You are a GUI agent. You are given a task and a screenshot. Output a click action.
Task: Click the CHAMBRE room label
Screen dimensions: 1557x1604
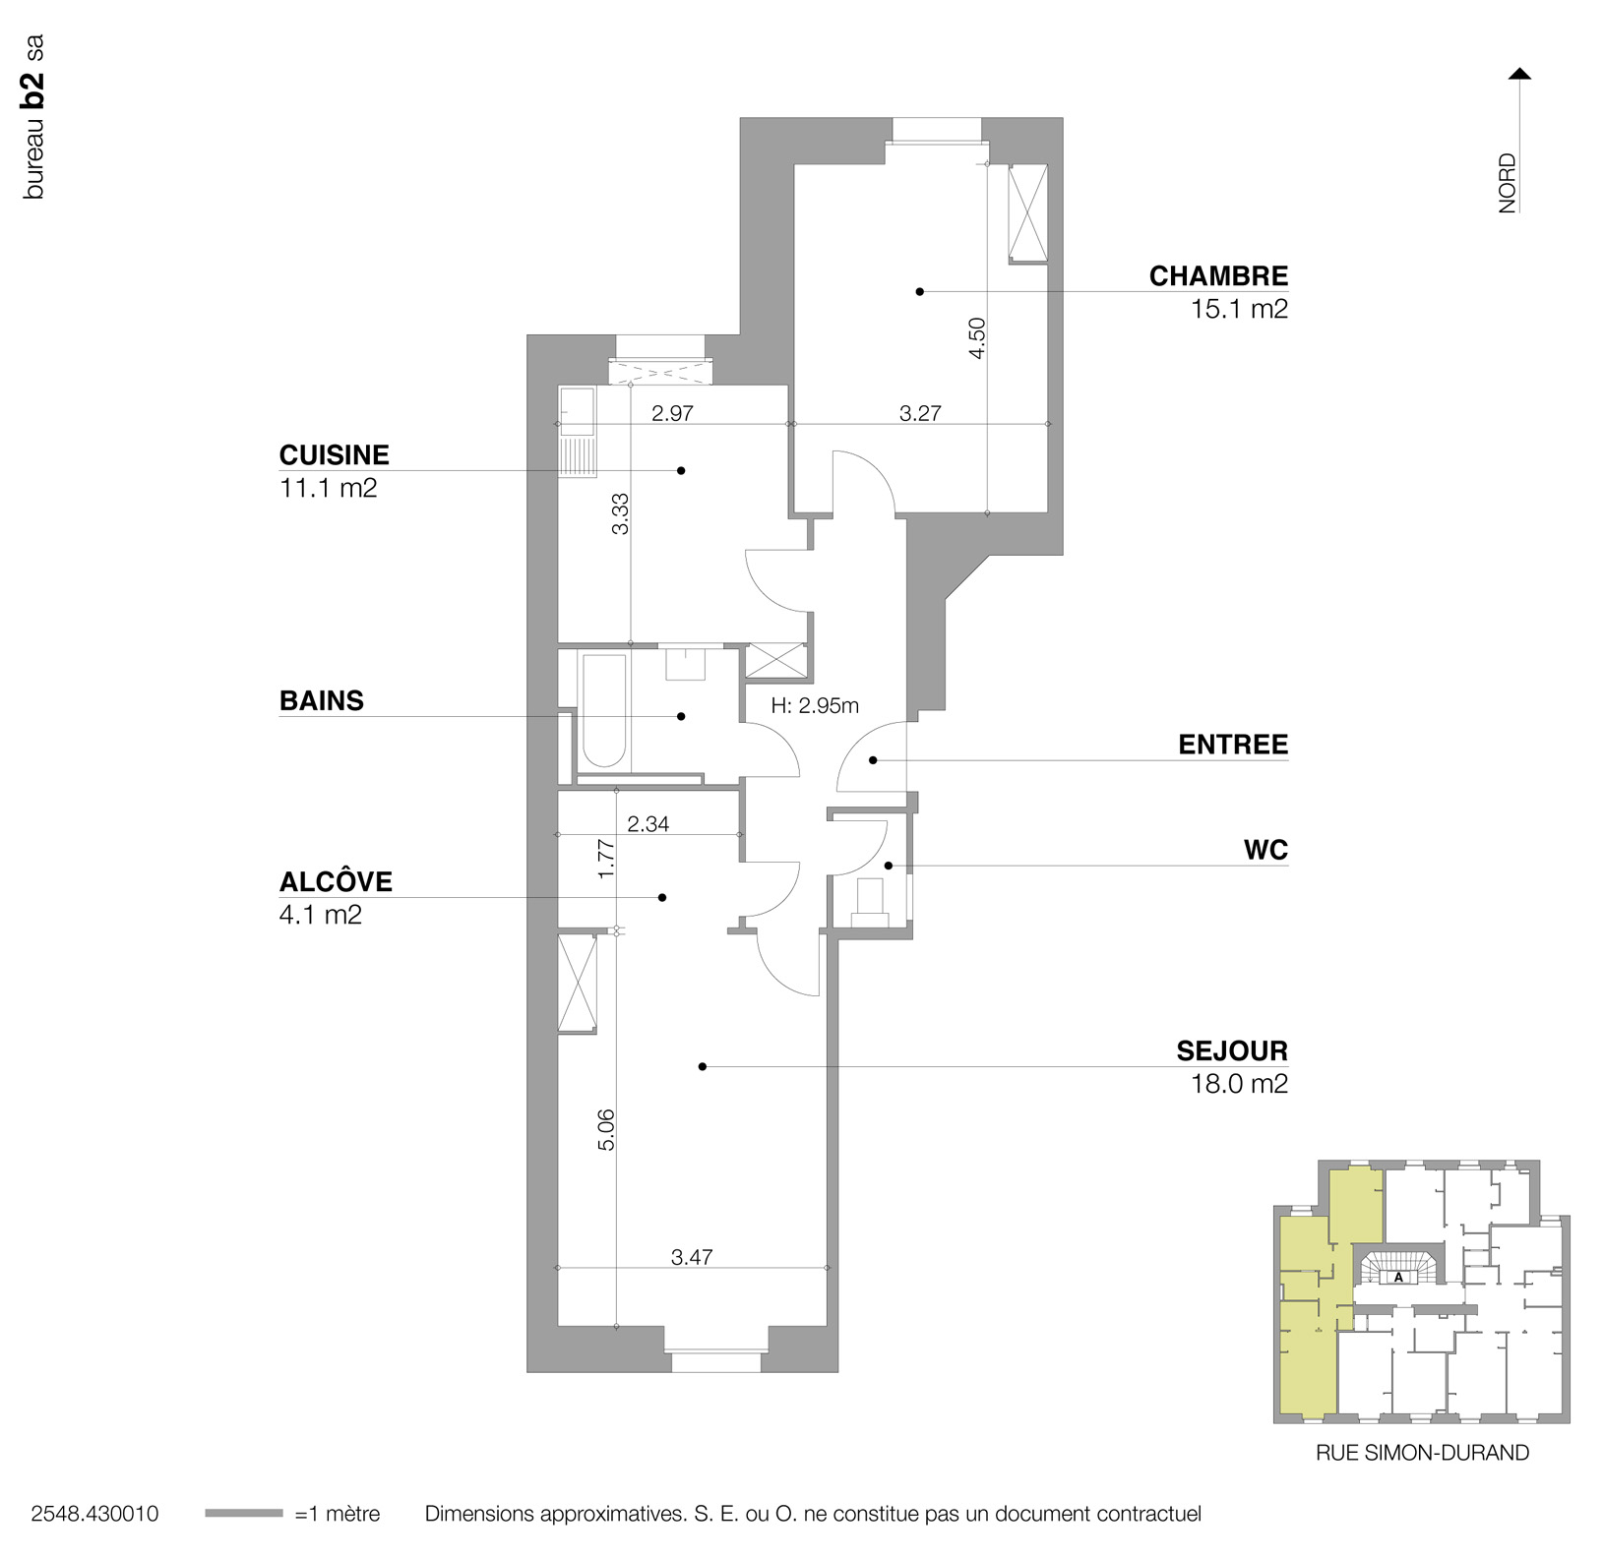point(1217,276)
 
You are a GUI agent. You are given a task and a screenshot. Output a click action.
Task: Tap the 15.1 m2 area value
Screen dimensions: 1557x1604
point(1238,309)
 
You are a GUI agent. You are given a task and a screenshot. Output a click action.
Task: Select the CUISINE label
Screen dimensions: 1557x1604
point(335,455)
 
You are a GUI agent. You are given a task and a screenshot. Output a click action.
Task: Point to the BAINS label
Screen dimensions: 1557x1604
point(322,701)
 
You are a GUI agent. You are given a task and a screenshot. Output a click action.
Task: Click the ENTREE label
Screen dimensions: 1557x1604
point(1232,745)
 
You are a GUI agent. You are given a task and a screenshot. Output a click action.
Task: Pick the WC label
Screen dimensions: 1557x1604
point(1265,850)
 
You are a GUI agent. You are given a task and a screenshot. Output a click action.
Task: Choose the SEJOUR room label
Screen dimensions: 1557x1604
point(1231,1051)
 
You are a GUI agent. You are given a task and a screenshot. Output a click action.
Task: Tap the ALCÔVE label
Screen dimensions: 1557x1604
point(336,882)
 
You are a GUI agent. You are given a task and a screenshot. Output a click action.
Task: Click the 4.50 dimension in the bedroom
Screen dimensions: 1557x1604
point(976,337)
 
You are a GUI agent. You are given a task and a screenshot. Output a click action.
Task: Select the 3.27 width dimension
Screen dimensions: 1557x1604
point(920,414)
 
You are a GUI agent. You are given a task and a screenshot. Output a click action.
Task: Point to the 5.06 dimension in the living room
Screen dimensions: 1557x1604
point(606,1129)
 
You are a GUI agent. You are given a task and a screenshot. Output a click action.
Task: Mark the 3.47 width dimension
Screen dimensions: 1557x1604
point(692,1257)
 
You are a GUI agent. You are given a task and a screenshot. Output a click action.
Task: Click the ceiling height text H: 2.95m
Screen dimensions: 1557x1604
point(815,705)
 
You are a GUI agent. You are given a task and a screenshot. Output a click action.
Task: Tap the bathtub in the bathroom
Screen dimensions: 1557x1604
point(603,710)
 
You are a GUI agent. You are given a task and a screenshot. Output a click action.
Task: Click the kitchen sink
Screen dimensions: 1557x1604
point(577,411)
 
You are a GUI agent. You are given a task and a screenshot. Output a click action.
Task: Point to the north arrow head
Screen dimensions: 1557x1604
point(1520,74)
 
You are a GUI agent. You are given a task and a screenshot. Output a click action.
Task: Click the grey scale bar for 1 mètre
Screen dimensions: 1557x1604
point(244,1514)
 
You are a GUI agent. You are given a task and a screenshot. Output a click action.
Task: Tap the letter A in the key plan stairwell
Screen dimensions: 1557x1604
point(1398,1278)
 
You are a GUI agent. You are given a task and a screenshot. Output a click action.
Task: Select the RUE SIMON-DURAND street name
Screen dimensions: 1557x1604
point(1422,1453)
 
